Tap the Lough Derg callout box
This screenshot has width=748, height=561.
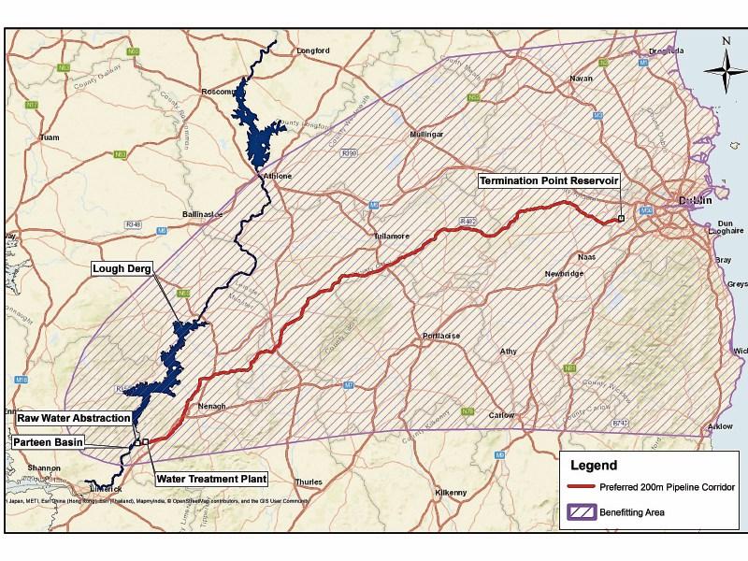123,268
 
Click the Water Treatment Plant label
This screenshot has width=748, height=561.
210,479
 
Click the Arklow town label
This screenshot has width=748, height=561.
720,426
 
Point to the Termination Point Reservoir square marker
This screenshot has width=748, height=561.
621,220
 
